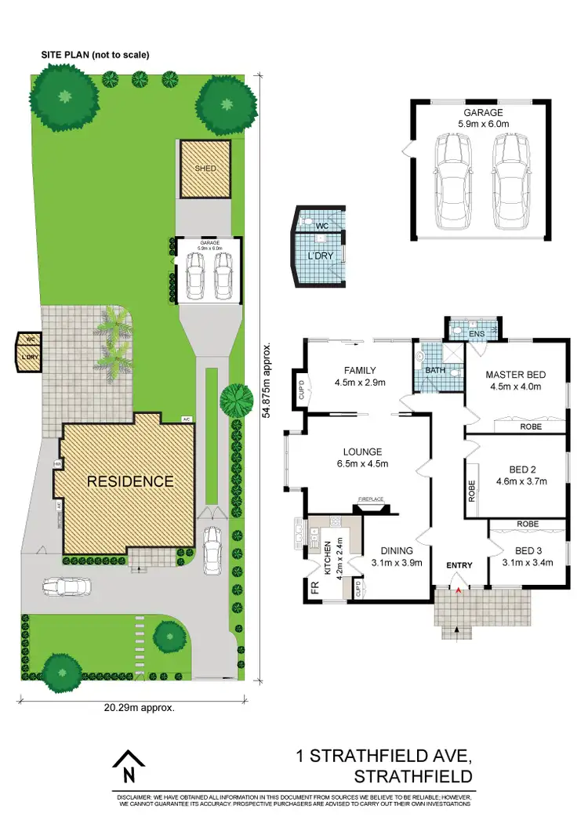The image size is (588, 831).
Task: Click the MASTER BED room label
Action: (514, 374)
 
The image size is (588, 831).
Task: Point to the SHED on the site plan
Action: (205, 168)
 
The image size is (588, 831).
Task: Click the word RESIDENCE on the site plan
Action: (130, 481)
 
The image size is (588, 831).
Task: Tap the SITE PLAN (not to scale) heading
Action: (95, 55)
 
